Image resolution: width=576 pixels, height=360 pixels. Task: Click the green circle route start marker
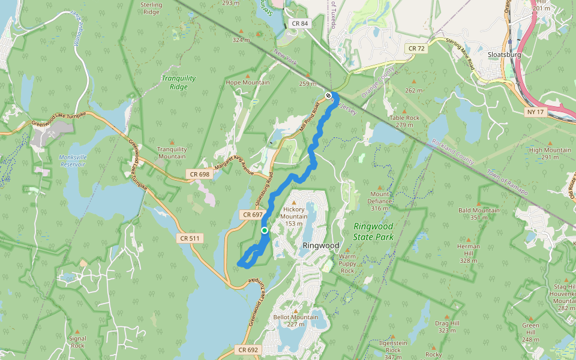pos(265,230)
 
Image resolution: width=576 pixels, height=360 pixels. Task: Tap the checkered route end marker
pos(328,95)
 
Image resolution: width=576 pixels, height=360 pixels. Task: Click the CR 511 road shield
pos(190,238)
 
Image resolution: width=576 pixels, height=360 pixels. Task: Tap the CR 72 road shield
pos(416,48)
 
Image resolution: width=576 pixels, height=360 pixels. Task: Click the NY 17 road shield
pos(536,112)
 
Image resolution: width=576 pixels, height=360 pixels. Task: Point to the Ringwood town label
pos(321,246)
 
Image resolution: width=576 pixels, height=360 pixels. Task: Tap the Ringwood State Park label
pos(373,231)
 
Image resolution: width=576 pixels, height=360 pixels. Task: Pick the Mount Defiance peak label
pos(380,197)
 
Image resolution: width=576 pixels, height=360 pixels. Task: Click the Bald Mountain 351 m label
pos(479,211)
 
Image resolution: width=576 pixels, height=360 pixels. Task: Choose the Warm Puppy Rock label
pos(347,263)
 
